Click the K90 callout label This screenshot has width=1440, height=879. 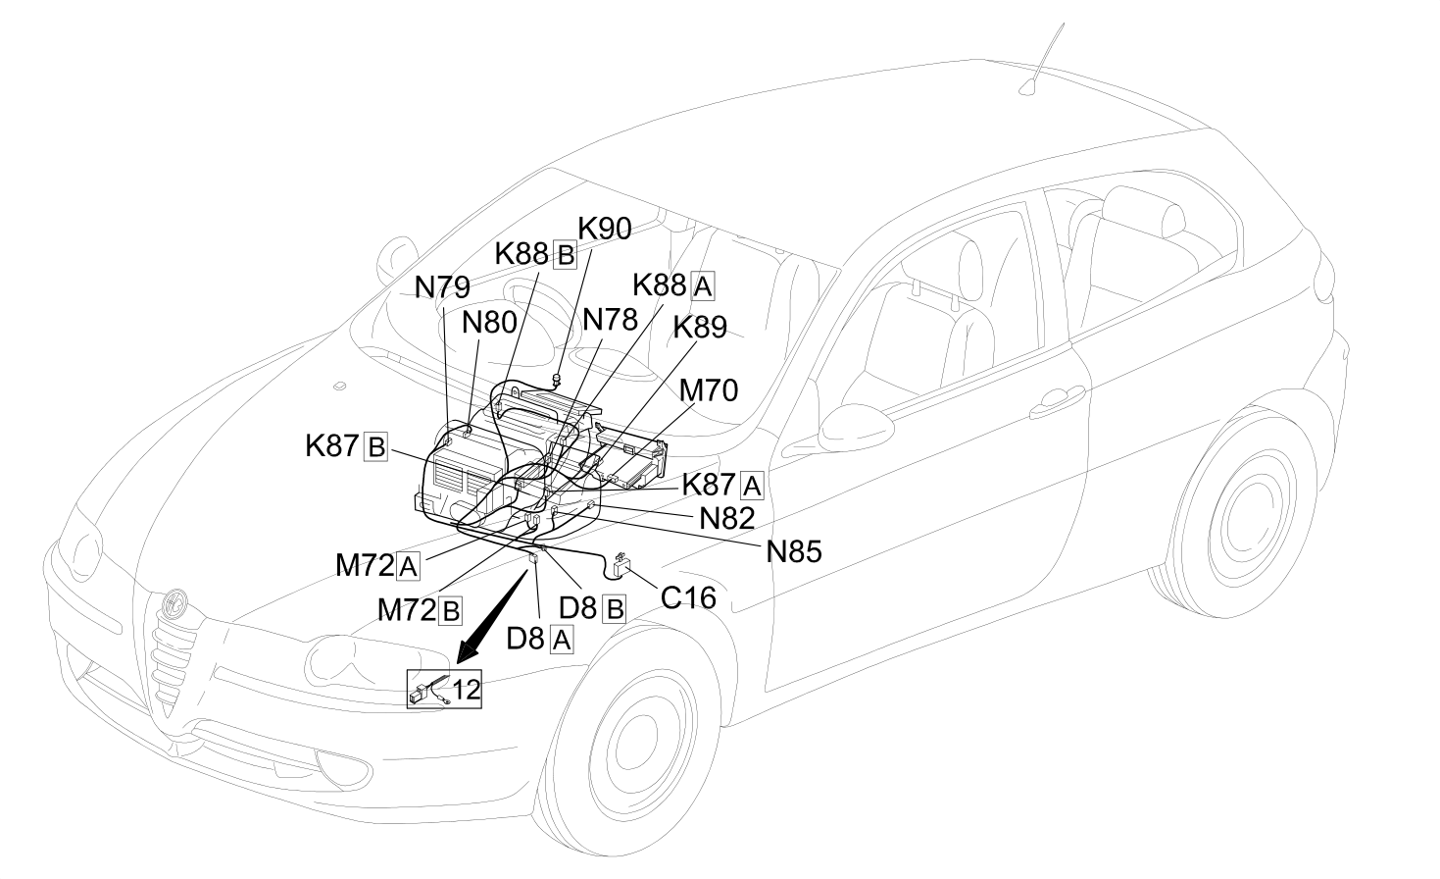coord(604,229)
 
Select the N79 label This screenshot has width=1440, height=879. coord(442,287)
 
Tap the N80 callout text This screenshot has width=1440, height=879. coord(489,322)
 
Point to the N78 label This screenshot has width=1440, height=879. coord(610,319)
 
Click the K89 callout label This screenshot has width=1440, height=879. coord(700,328)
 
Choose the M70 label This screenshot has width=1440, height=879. coord(709,389)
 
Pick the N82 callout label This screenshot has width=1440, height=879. coord(727,519)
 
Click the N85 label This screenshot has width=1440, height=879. coord(794,551)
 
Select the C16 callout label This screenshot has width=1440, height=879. coord(688,597)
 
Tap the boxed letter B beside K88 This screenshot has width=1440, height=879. coord(565,255)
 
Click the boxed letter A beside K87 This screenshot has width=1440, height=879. coord(752,486)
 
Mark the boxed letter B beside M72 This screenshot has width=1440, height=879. coord(450,610)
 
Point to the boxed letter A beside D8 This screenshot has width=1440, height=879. coord(562,641)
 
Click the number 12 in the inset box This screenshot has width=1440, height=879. coord(467,690)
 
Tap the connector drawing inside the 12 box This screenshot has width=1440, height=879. coord(428,690)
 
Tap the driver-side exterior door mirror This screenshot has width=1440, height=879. coord(856,428)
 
